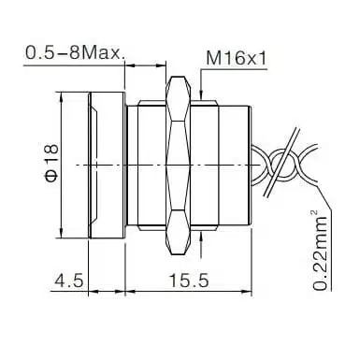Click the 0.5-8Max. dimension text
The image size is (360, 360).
(x=75, y=52)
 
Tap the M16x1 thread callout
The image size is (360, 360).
(x=237, y=58)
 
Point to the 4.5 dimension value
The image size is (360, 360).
(x=69, y=281)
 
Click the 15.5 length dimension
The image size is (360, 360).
(x=189, y=281)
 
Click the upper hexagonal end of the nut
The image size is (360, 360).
(x=178, y=98)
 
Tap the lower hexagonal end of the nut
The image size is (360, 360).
(x=178, y=232)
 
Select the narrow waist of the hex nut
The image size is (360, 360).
(x=178, y=166)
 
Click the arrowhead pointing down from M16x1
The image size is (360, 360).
(x=201, y=94)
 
